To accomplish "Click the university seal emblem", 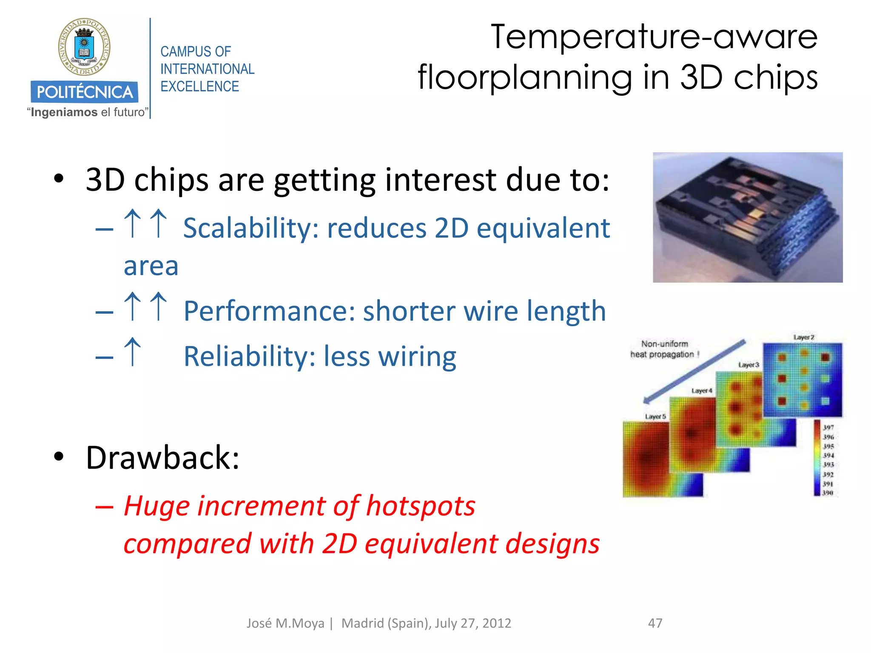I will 84,47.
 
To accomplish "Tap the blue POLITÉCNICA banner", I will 84,92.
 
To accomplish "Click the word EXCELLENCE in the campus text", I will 199,86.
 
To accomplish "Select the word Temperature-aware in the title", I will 654,37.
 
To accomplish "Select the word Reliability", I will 249,356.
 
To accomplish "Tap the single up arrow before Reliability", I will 133,352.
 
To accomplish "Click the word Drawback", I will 162,457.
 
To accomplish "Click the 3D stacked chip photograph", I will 747,217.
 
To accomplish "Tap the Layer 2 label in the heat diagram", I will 803,337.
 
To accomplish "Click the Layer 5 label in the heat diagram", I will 655,416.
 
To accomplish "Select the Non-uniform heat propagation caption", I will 664,349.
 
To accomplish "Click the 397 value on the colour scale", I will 828,427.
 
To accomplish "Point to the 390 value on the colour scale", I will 827,493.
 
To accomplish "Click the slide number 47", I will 655,623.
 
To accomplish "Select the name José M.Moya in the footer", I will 285,623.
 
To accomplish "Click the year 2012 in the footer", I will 496,623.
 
